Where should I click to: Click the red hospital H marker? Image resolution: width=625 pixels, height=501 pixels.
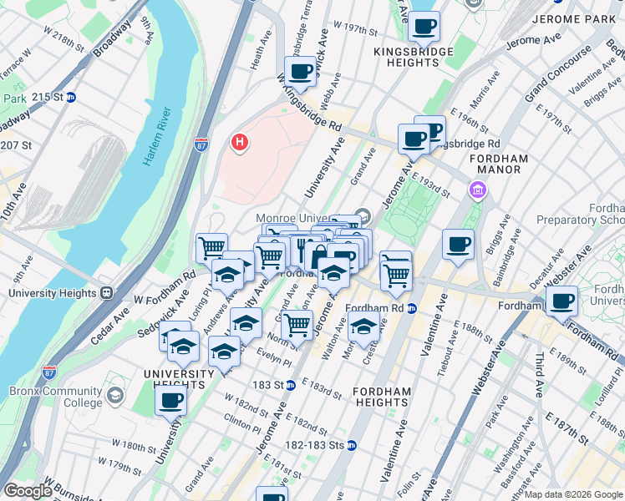[240, 143]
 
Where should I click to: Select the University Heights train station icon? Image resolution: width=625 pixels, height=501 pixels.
[107, 293]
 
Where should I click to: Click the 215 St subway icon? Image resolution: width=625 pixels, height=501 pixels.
[70, 97]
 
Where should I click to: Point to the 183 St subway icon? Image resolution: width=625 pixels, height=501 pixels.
[290, 385]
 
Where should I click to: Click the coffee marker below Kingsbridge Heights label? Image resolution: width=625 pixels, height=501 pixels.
[424, 27]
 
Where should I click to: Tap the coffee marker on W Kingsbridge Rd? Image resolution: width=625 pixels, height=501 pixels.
[300, 72]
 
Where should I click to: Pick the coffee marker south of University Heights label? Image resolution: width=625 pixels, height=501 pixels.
[170, 400]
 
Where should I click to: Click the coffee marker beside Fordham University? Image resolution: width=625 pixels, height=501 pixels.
[561, 301]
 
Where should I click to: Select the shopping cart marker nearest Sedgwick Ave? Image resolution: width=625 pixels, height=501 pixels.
[211, 247]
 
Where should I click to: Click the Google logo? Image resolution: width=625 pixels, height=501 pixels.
[28, 491]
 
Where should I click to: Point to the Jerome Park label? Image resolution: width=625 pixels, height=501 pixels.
[577, 18]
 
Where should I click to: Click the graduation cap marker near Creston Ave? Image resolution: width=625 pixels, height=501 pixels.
[363, 327]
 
